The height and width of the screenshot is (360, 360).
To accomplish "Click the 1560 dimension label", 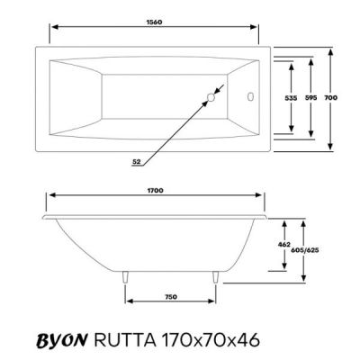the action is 155,22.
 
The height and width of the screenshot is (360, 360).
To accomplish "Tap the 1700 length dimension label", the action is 156,191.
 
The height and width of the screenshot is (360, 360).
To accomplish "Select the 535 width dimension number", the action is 291,98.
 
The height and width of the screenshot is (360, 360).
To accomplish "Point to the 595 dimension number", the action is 310,98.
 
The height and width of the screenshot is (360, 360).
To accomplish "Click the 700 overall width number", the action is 331,98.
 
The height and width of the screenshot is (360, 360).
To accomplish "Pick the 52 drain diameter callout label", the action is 137,161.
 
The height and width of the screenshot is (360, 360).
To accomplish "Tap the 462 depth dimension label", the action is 284,245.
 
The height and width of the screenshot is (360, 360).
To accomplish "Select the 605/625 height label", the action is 305,250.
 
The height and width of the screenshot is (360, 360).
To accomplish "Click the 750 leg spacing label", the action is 171,297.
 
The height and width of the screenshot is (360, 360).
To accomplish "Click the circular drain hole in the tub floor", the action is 211,97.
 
